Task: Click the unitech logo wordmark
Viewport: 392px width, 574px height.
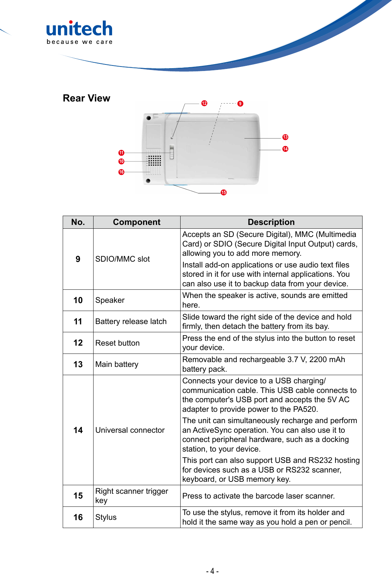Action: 79,29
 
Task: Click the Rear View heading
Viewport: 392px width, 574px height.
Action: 86,98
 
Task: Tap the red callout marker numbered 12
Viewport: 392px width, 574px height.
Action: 204,103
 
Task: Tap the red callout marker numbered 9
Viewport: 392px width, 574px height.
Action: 240,104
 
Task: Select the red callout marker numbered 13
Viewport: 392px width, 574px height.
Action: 285,137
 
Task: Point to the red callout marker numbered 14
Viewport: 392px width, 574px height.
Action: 285,149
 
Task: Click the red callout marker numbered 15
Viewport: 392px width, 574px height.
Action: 223,192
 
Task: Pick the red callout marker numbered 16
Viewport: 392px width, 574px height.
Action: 121,172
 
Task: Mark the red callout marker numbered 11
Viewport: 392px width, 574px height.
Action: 121,153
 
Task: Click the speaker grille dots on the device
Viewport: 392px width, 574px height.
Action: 154,160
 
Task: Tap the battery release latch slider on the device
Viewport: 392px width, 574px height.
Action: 172,152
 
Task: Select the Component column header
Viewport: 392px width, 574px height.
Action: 136,222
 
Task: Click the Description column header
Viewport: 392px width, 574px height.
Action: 271,222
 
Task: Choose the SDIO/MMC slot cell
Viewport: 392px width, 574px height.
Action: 122,259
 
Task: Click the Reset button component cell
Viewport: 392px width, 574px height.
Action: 117,343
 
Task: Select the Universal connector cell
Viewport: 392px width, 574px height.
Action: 130,430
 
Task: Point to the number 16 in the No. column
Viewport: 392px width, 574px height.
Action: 78,517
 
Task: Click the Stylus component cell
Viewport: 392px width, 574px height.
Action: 106,517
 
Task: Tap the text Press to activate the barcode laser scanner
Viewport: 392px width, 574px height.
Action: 258,496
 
